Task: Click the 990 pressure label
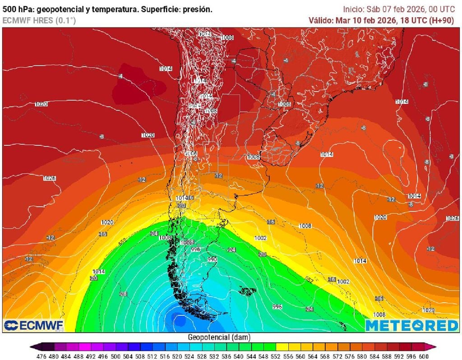point(212,259)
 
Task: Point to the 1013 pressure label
point(204,34)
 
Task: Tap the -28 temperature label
point(123,294)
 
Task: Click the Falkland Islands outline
point(247,291)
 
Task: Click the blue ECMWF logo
point(34,325)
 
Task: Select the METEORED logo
point(411,325)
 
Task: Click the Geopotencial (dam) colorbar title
point(219,337)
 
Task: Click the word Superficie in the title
point(163,9)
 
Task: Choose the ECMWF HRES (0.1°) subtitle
point(39,20)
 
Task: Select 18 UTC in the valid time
point(409,20)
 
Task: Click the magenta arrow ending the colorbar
point(434,346)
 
